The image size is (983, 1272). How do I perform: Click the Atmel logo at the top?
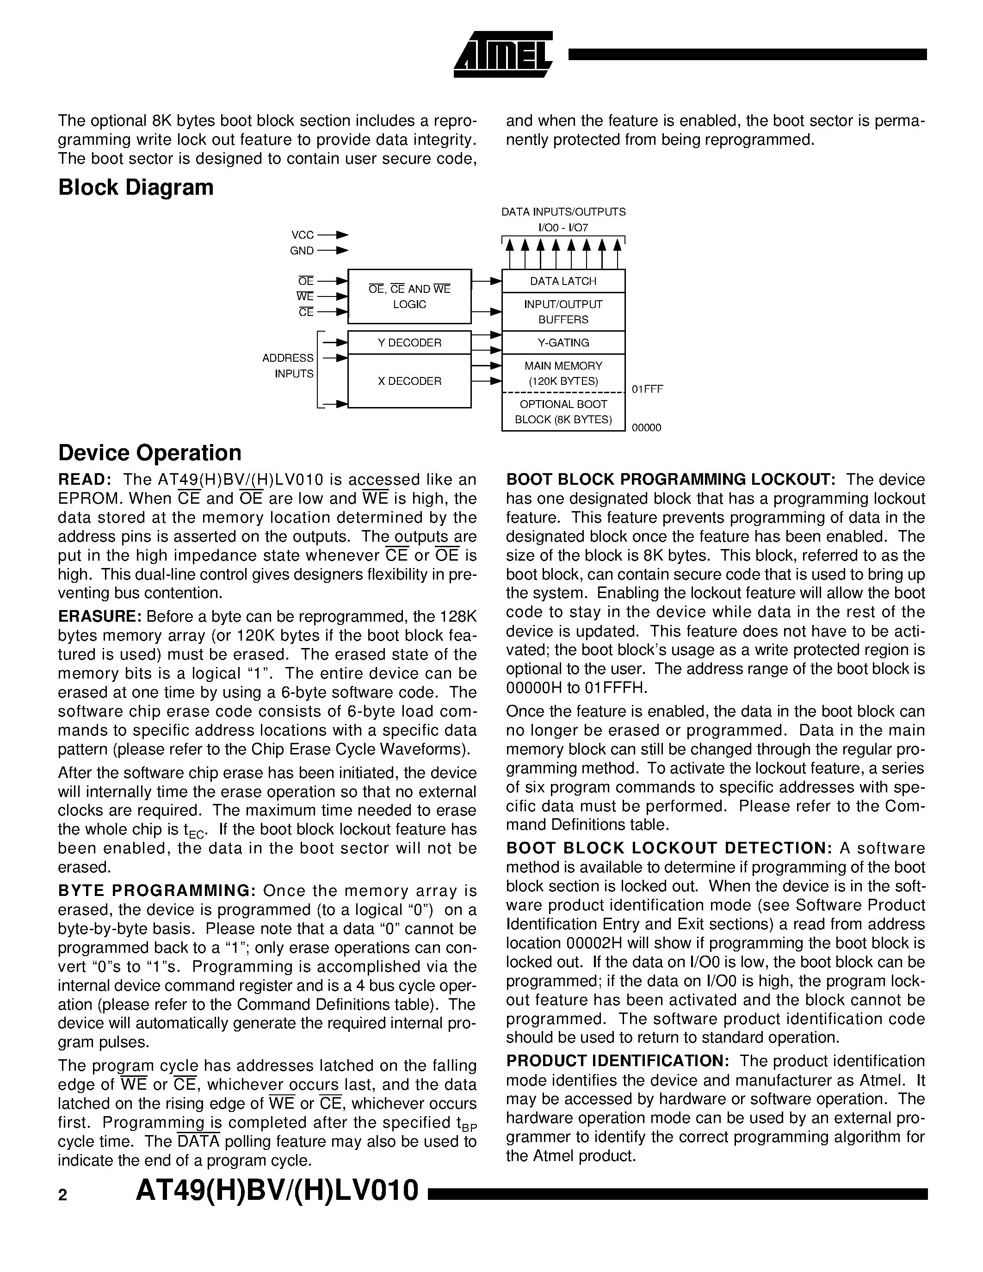click(502, 54)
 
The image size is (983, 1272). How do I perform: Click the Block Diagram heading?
click(136, 187)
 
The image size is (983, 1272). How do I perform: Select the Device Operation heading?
click(150, 452)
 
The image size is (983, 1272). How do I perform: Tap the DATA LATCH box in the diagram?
click(563, 281)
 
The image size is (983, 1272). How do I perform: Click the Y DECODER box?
click(409, 342)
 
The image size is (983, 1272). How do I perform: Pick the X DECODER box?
click(409, 381)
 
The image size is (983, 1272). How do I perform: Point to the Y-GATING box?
click(563, 342)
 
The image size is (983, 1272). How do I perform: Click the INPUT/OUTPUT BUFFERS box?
click(563, 312)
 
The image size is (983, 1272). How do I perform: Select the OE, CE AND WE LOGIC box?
click(409, 296)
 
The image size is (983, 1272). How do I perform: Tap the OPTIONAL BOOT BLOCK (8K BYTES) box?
click(563, 412)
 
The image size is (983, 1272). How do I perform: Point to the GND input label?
click(302, 251)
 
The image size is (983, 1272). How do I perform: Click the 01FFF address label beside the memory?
click(647, 389)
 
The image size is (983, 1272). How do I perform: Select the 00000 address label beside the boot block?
click(646, 428)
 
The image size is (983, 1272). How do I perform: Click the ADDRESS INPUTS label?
click(288, 366)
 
